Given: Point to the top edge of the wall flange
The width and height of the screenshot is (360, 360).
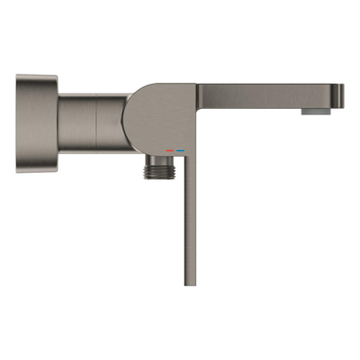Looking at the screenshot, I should [36, 76].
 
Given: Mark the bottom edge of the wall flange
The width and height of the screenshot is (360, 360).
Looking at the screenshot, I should [36, 171].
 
